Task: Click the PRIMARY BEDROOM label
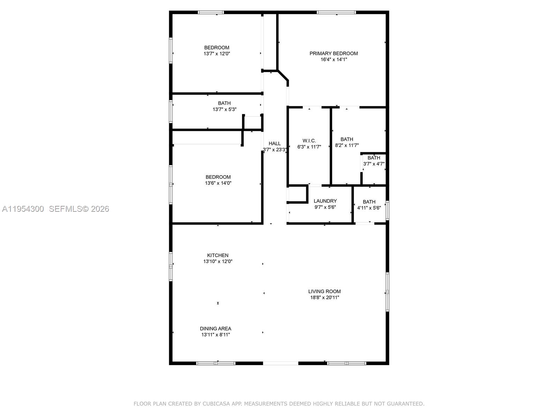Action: click(333, 53)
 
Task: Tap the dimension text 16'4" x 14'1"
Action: click(333, 60)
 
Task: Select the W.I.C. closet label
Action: click(309, 141)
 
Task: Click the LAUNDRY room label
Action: click(325, 201)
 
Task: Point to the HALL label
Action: click(274, 144)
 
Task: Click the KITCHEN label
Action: click(218, 255)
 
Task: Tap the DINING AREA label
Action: click(216, 328)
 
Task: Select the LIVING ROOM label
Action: click(324, 291)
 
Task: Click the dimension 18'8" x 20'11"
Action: click(324, 297)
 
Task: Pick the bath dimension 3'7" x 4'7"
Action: click(374, 164)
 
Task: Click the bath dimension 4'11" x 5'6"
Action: click(369, 208)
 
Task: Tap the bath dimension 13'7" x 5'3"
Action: click(224, 109)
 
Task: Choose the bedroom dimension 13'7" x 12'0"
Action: click(217, 54)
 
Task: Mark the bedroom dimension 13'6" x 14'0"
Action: click(218, 183)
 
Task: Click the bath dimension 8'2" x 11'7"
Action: click(347, 145)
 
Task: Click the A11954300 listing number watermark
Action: click(23, 209)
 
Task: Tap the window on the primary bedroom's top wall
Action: click(336, 13)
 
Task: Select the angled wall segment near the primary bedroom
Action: click(283, 76)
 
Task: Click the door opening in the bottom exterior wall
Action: click(280, 363)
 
